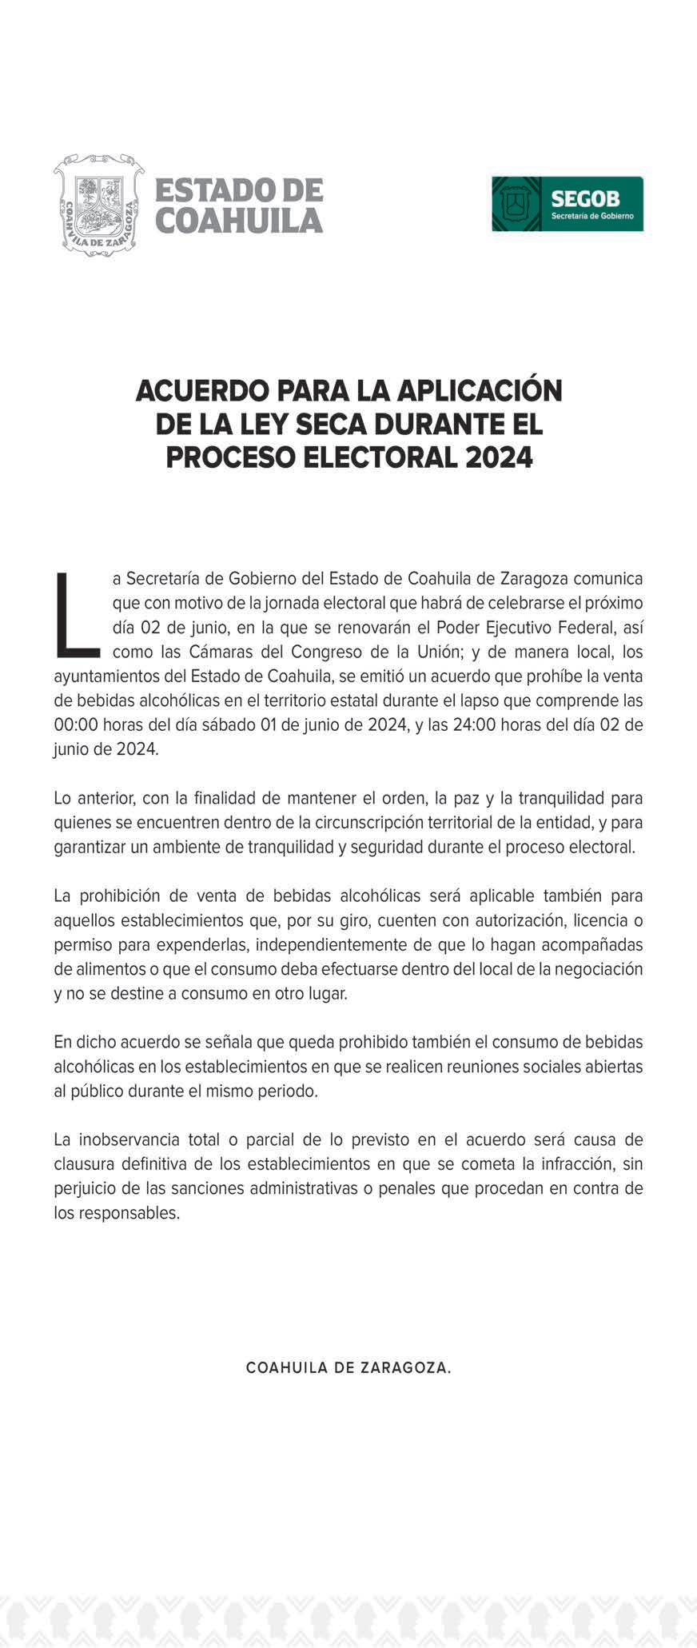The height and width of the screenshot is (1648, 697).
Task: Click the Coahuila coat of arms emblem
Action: tap(99, 205)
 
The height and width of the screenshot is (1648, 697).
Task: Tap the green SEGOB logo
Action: tap(568, 204)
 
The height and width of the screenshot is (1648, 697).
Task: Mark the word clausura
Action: tap(86, 1163)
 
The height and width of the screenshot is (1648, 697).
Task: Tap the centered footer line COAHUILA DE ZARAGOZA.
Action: tap(348, 1367)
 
